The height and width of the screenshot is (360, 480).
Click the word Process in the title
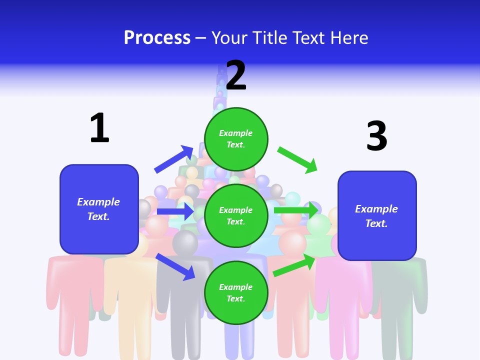157,38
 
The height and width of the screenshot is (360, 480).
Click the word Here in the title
349,38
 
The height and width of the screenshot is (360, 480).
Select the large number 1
99,128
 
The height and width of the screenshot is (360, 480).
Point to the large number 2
236,75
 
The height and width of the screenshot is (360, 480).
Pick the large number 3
376,136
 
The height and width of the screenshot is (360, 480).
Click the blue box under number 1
99,209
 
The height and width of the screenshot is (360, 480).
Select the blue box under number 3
377,216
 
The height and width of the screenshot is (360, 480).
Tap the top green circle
236,139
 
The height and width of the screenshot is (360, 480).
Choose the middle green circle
236,215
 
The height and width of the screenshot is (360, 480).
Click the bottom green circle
236,292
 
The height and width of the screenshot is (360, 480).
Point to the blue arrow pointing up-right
174,159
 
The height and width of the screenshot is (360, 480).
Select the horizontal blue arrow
175,211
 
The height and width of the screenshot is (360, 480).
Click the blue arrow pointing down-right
175,266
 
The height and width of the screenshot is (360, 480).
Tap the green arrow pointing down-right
297,159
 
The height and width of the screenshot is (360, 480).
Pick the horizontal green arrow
295,210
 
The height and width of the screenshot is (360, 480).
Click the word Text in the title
311,38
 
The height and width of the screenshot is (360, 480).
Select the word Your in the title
230,38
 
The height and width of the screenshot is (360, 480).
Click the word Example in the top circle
236,133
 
